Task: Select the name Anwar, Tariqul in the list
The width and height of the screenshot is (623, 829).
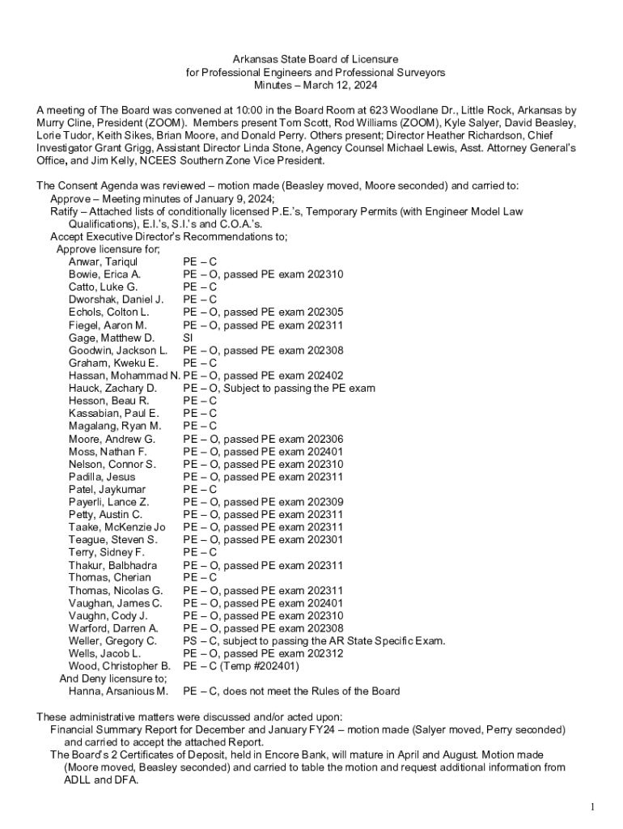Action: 103,261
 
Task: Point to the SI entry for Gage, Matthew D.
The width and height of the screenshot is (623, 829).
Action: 188,338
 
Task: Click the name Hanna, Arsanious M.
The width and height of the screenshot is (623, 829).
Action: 118,691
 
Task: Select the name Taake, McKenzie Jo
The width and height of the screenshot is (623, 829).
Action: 117,527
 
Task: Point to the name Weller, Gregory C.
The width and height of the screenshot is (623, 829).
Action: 112,640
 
